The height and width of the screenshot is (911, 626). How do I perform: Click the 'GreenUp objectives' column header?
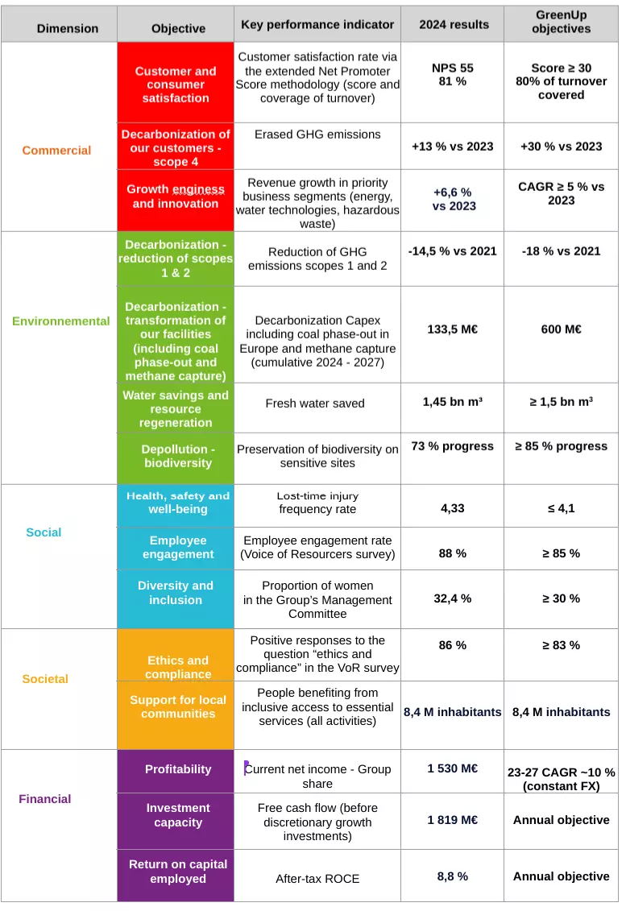click(561, 22)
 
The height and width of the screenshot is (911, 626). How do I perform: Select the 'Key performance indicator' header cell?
click(317, 24)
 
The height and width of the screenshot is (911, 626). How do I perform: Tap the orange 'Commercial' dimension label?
click(56, 151)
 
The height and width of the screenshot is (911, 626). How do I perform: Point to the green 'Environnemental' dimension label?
click(61, 321)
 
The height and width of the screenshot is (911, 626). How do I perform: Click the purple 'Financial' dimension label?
click(45, 799)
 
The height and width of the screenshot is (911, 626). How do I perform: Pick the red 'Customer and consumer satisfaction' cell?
click(176, 85)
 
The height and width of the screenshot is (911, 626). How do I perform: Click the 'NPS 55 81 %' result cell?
click(452, 75)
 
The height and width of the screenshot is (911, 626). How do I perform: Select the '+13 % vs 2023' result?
click(452, 147)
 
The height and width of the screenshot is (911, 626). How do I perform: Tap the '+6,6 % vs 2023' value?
click(453, 199)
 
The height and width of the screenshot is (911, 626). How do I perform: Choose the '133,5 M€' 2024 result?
click(452, 329)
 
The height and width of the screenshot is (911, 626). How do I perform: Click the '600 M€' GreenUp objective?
click(561, 329)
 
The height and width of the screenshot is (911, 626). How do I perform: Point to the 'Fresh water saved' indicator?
click(315, 404)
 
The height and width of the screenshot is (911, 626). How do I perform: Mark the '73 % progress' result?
click(452, 446)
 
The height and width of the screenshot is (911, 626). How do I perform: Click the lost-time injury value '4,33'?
click(452, 508)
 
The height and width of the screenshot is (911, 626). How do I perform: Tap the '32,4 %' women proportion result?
click(452, 598)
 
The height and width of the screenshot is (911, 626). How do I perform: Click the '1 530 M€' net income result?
click(452, 768)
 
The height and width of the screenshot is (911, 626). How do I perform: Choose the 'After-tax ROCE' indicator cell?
click(317, 879)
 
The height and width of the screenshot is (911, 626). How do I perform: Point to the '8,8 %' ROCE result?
click(452, 876)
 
